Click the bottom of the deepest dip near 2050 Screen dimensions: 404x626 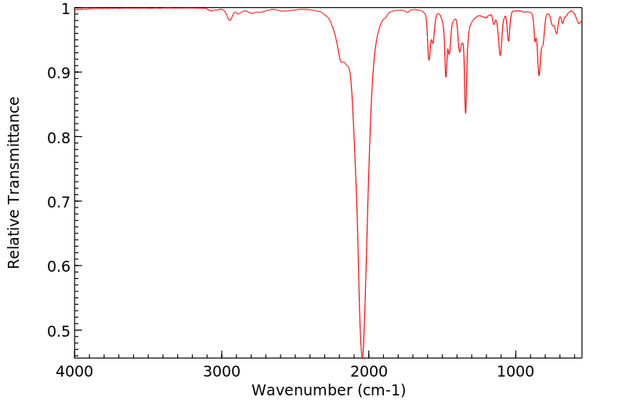click(361, 355)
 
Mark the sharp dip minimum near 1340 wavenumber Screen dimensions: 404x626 click(465, 113)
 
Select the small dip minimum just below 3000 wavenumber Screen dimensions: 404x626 click(230, 20)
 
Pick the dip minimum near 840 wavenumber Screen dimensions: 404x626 click(539, 75)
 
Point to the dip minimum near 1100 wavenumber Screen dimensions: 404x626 click(500, 56)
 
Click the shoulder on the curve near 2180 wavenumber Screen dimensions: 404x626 click(342, 62)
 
